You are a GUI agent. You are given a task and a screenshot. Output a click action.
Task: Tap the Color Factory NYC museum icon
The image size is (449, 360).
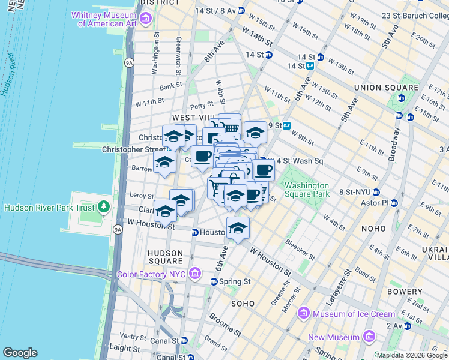(x=194, y=274)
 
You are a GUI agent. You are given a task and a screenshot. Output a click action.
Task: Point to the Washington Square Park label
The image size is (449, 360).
(x=306, y=190)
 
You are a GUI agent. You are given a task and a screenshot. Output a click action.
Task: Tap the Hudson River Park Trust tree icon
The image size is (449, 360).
(x=104, y=208)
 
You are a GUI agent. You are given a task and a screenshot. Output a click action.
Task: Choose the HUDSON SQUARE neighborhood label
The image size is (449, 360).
(x=165, y=257)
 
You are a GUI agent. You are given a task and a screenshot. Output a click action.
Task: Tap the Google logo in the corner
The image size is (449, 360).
(x=20, y=353)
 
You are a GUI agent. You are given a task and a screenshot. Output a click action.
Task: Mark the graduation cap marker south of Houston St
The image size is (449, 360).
(x=238, y=229)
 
